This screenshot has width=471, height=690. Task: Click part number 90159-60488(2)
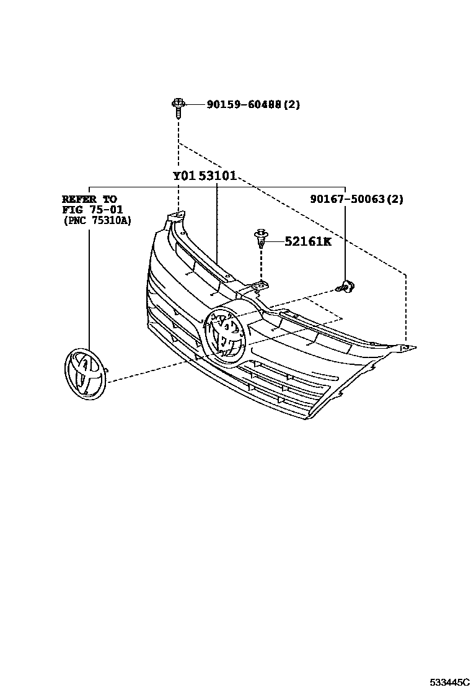[245, 105]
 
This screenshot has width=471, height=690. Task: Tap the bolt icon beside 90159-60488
[178, 107]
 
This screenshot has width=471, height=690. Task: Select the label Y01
[184, 176]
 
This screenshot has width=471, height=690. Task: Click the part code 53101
[218, 176]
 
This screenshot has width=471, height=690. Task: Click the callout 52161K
[308, 241]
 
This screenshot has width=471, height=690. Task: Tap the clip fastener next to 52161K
[261, 238]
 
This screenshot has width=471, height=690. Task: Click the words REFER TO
[89, 199]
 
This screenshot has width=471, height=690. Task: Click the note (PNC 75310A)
[97, 220]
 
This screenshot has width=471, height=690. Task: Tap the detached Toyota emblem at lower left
[85, 375]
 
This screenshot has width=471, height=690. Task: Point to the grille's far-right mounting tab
[406, 349]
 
